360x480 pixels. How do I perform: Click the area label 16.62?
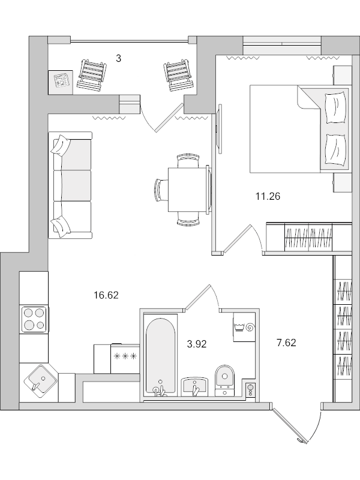(106, 295)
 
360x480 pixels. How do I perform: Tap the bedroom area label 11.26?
(268, 195)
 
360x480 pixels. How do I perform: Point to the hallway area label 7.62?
(286, 343)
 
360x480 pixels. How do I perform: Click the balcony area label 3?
(119, 58)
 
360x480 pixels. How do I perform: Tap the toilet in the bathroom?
(226, 378)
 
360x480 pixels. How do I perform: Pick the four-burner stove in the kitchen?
(34, 319)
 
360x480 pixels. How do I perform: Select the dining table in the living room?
(188, 188)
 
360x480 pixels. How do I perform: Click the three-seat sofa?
(70, 185)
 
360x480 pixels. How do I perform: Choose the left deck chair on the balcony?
(94, 73)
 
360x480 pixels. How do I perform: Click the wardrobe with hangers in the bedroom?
(308, 238)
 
